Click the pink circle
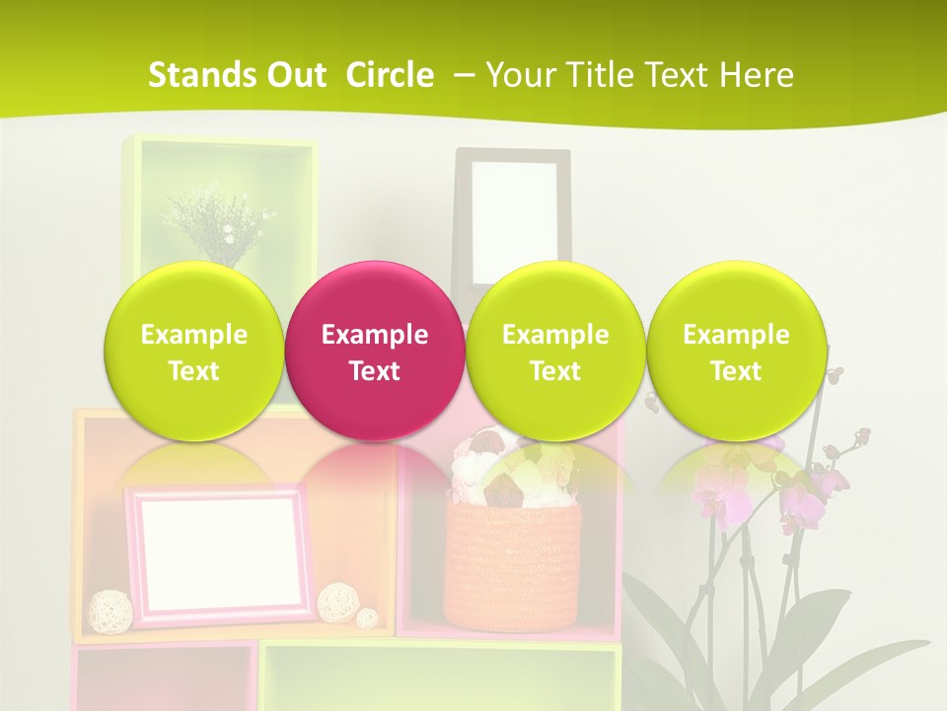pyautogui.click(x=375, y=351)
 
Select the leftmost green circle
pyautogui.click(x=193, y=351)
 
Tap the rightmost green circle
pyautogui.click(x=736, y=351)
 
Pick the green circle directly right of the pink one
pyautogui.click(x=555, y=351)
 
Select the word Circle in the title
pyautogui.click(x=390, y=75)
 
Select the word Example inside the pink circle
pyautogui.click(x=375, y=335)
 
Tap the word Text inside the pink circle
pyautogui.click(x=375, y=371)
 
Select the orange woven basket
pyautogui.click(x=513, y=568)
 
